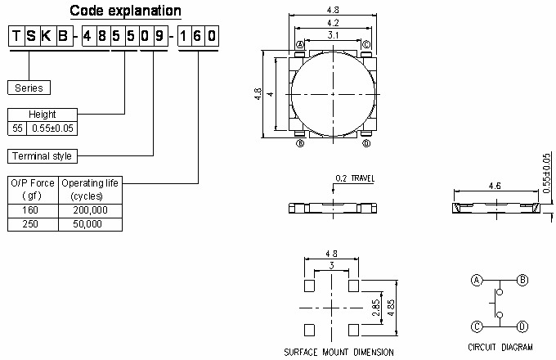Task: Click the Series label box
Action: coord(29,88)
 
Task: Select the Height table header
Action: coord(43,115)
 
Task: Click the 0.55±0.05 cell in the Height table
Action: coord(54,128)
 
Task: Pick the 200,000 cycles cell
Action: coord(90,210)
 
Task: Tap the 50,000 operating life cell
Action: coord(90,224)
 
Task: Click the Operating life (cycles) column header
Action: coord(90,190)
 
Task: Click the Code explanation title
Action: coord(125,11)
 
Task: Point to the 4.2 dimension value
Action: coord(333,22)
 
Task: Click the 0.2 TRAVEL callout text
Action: coord(354,178)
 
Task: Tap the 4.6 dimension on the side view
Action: coord(495,187)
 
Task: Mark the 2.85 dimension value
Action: coord(376,308)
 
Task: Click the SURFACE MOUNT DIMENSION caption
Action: coord(338,352)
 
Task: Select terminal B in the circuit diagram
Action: coord(522,280)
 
